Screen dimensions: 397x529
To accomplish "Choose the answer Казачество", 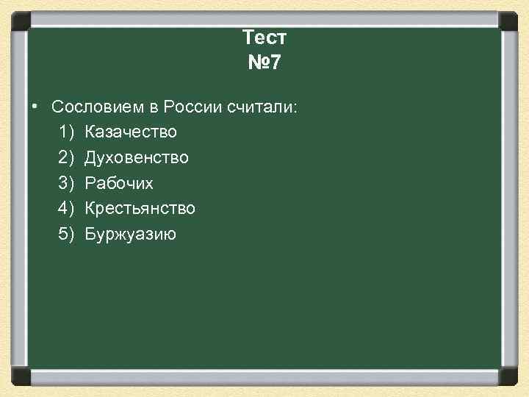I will [x=131, y=132].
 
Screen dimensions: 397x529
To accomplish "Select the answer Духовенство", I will [x=137, y=157].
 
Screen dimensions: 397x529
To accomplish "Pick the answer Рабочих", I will [x=119, y=183].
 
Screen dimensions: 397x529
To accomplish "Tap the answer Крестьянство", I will [x=140, y=209].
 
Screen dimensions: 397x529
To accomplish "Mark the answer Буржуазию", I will [x=130, y=235].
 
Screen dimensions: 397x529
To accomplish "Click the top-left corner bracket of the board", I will [x=21, y=20].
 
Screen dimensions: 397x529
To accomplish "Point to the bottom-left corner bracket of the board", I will [x=21, y=376].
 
